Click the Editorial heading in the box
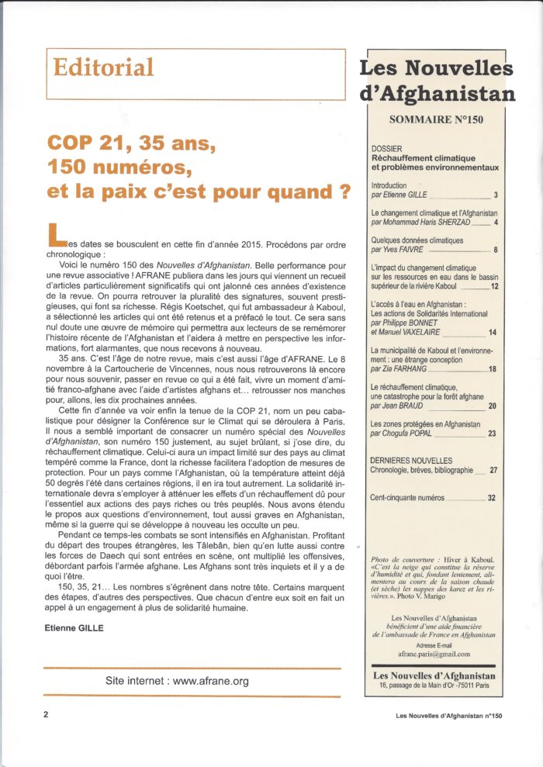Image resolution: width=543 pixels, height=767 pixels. pyautogui.click(x=103, y=68)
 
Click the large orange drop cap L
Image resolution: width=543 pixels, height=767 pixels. pyautogui.click(x=55, y=232)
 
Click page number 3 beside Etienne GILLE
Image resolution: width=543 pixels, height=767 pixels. pyautogui.click(x=496, y=195)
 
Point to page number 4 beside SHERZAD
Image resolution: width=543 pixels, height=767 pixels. pyautogui.click(x=496, y=222)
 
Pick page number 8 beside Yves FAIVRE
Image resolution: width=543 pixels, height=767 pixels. pyautogui.click(x=496, y=250)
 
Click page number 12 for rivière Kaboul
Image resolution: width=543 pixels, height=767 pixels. pyautogui.click(x=494, y=287)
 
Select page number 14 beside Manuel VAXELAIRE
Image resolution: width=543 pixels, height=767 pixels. pyautogui.click(x=493, y=333)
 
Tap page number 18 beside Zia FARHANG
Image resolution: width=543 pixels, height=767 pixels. pyautogui.click(x=493, y=369)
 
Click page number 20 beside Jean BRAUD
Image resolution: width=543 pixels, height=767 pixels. pyautogui.click(x=493, y=406)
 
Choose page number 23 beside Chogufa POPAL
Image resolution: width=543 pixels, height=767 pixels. pyautogui.click(x=493, y=434)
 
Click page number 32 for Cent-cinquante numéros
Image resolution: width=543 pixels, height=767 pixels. pyautogui.click(x=493, y=497)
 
